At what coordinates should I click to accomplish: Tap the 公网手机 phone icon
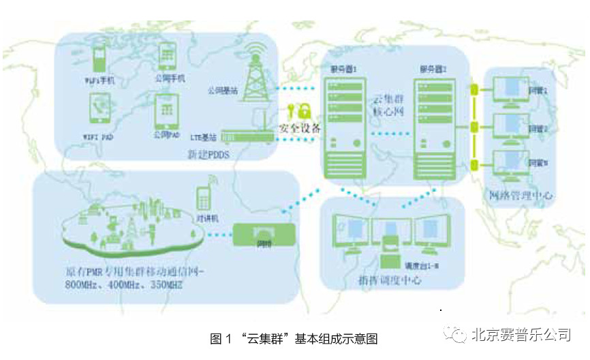pos(166,57)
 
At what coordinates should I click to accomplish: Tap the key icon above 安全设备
pos(292,111)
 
